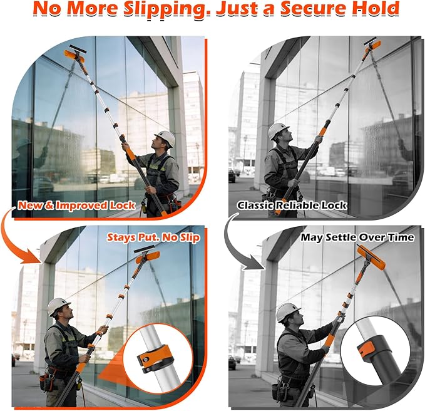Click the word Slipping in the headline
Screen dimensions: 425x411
(x=168, y=9)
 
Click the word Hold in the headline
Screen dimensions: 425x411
(x=374, y=8)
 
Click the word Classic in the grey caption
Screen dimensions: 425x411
(x=255, y=205)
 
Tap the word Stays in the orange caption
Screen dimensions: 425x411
(x=121, y=237)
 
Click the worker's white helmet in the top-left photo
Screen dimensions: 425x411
(x=165, y=138)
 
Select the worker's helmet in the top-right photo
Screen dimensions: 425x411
(x=277, y=130)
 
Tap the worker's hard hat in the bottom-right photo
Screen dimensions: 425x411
(x=287, y=311)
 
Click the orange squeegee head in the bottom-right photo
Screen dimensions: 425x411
(x=371, y=258)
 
